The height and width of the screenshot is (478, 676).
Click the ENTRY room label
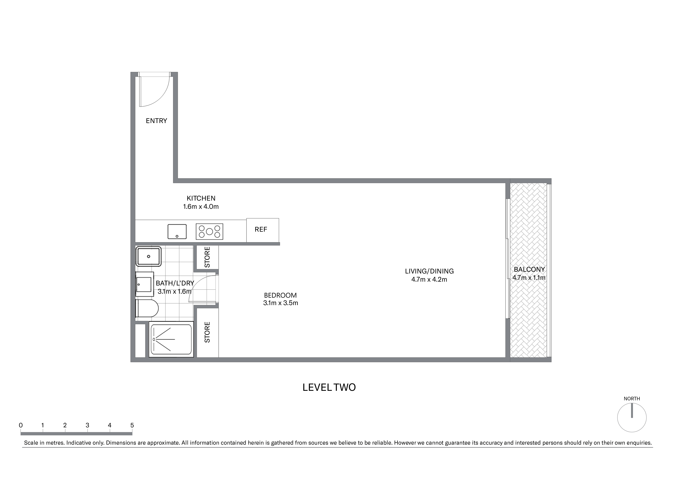point(156,121)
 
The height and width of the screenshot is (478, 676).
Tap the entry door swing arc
point(161,99)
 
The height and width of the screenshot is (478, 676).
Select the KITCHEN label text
point(201,198)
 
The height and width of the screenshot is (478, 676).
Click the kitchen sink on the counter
point(177,232)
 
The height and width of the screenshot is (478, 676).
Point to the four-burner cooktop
point(209,232)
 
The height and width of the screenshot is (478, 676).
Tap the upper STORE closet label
point(207,257)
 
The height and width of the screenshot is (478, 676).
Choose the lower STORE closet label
point(207,332)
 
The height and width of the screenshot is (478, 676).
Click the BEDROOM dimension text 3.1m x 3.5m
point(281,303)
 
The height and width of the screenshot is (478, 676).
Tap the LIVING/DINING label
point(429,271)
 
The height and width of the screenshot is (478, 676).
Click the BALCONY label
point(529,269)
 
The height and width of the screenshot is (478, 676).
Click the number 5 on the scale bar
point(132,425)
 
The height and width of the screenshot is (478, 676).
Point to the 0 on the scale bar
point(21,425)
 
